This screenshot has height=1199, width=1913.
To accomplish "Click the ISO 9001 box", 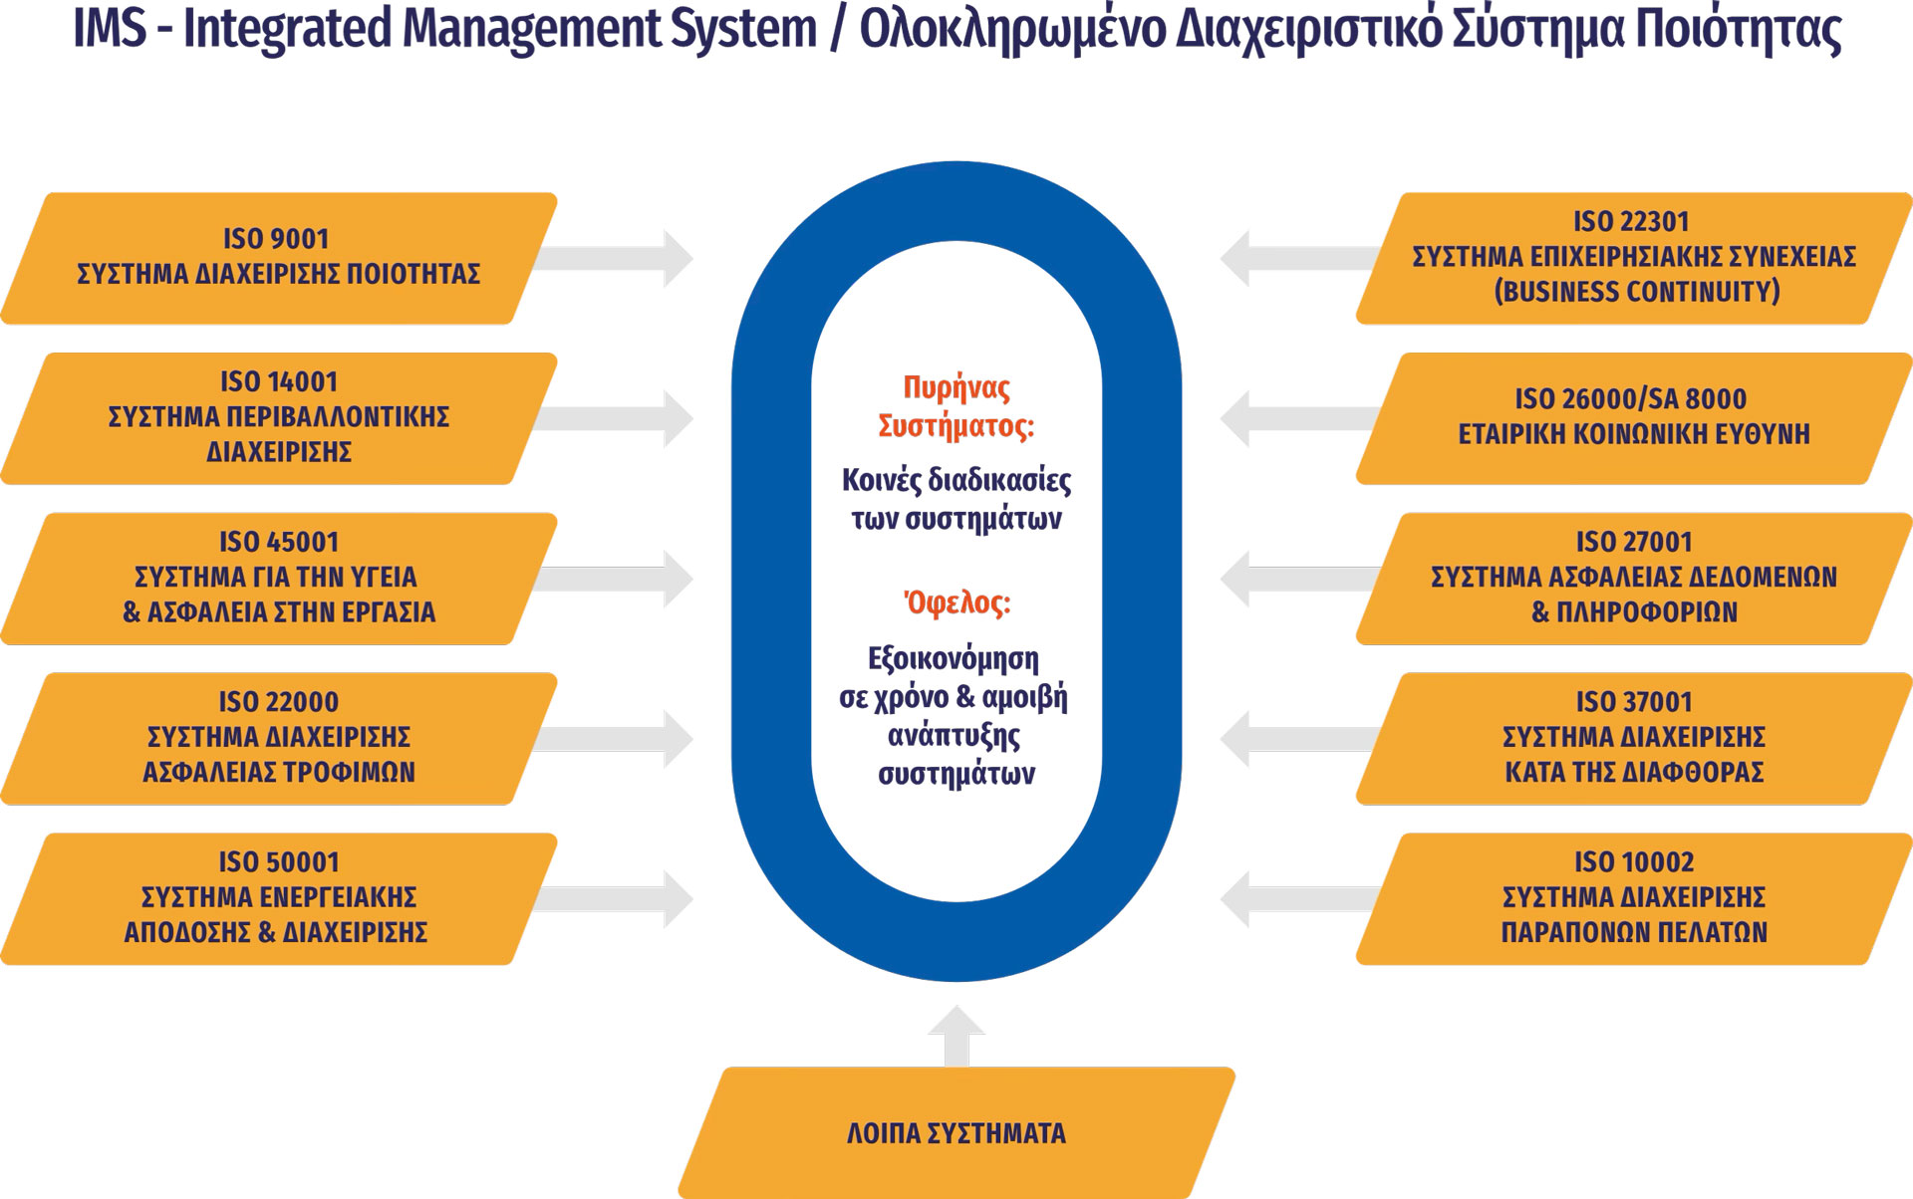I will click(279, 258).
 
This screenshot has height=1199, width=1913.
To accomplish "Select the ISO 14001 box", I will click(279, 418).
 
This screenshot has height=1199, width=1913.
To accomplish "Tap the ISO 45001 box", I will click(279, 579).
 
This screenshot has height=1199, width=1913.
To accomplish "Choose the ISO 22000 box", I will click(279, 738).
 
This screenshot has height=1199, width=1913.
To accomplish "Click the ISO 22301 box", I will click(1634, 258).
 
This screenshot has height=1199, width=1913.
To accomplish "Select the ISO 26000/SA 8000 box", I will click(1634, 418).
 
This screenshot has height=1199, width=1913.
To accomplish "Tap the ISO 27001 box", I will click(1634, 579).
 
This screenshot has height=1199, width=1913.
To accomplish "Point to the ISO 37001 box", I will click(1634, 738).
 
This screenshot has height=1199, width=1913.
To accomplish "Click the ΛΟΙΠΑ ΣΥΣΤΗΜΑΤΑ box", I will click(956, 1132).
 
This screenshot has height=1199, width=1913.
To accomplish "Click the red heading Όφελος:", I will click(956, 603).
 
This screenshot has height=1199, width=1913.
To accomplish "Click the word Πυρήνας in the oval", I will click(956, 388).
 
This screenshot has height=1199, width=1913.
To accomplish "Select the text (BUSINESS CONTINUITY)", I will click(1636, 292).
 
